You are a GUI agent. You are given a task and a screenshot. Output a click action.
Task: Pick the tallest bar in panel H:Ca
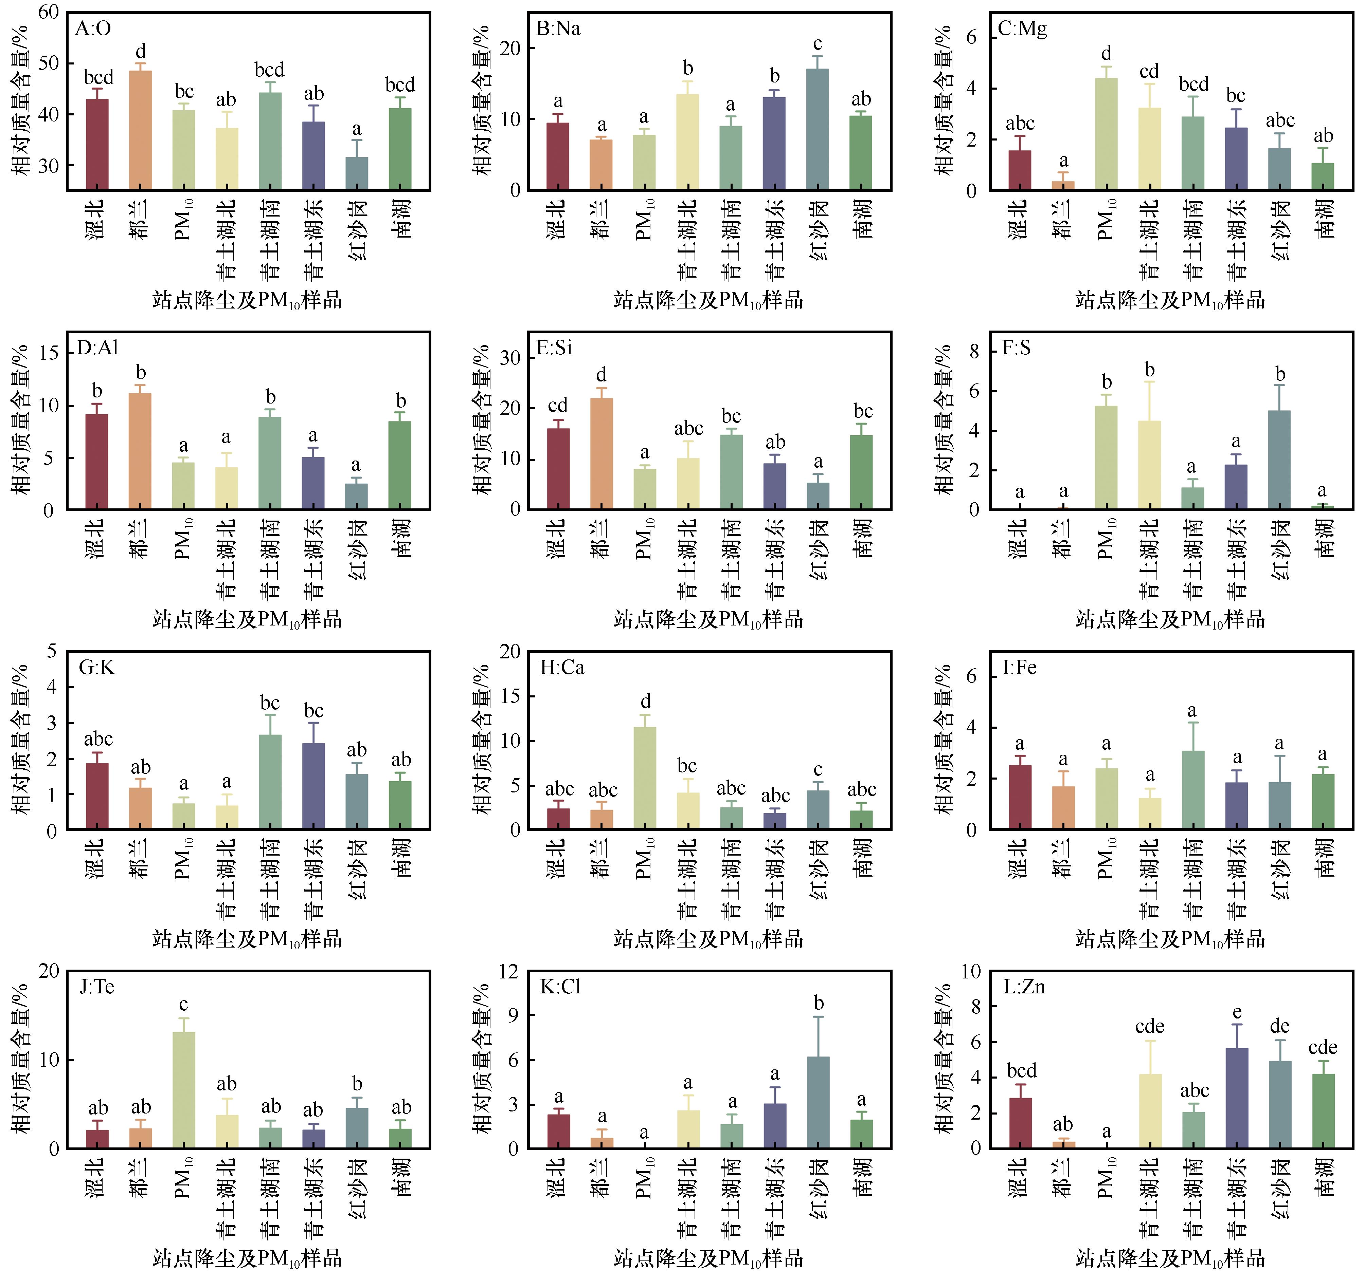click(645, 778)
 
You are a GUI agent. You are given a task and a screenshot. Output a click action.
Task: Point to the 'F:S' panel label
click(1016, 348)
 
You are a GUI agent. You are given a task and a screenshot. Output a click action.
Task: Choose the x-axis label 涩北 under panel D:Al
click(96, 538)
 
